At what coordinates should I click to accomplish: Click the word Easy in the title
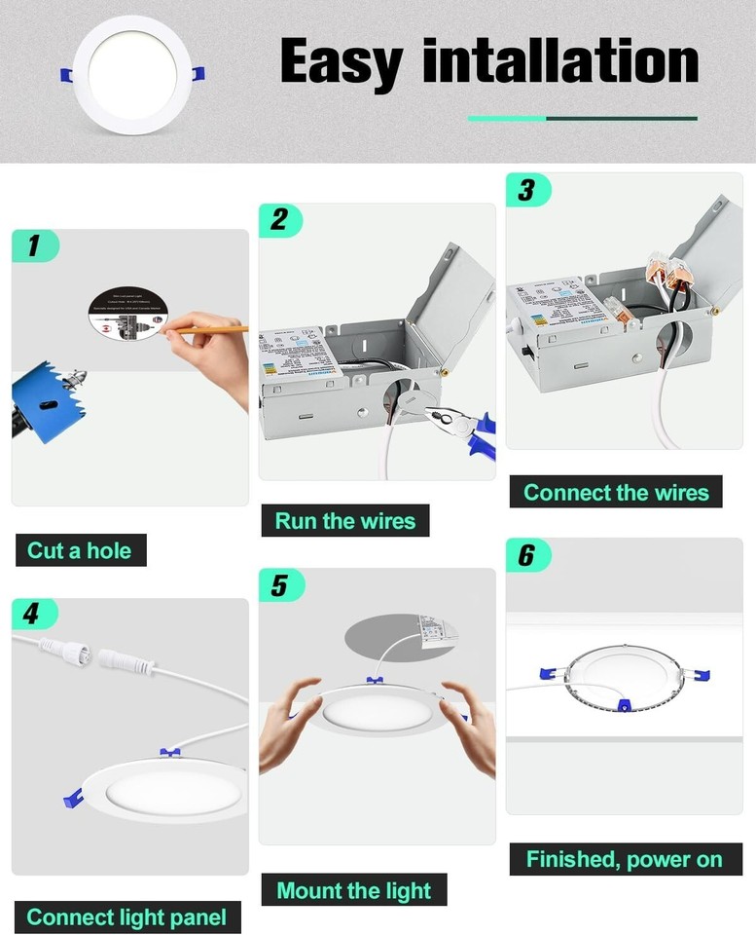tap(342, 61)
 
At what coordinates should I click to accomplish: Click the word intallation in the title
tap(560, 61)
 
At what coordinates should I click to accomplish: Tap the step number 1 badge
tap(35, 246)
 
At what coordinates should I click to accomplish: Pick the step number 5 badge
tap(281, 585)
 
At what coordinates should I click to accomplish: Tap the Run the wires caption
tap(344, 521)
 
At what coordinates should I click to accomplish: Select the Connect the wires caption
tap(616, 492)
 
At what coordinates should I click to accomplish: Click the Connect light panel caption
tap(126, 916)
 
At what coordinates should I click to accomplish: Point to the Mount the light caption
tap(353, 890)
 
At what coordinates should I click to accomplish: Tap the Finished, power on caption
tap(624, 859)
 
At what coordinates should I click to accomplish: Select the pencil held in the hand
tap(209, 331)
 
